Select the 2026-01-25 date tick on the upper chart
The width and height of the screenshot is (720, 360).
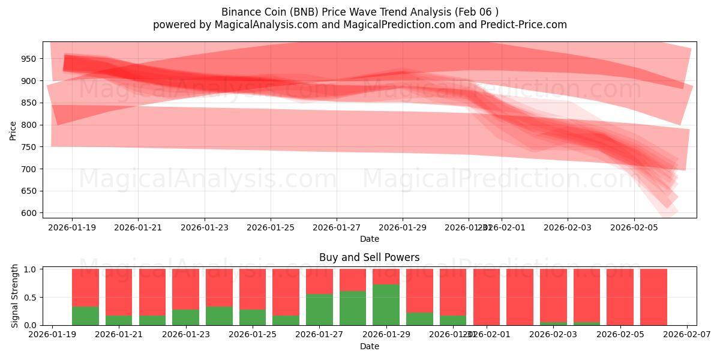coord(271,227)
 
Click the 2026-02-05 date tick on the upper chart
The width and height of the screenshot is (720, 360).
coord(634,227)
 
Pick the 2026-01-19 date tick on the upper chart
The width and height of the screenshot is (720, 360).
coord(72,227)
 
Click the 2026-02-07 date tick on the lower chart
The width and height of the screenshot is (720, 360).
coord(686,335)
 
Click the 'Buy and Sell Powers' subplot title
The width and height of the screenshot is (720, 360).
coord(369,258)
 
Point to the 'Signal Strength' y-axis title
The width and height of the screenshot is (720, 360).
coord(16,296)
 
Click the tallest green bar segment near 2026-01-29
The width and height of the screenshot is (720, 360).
coord(386,305)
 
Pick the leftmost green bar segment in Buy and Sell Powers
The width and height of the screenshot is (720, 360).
coord(85,316)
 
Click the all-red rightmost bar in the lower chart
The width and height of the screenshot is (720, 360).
coord(653,297)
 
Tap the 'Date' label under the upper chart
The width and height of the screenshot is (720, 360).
coord(369,239)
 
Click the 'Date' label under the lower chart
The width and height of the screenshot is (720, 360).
coord(369,346)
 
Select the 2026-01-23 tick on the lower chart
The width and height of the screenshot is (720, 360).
coord(185,335)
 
